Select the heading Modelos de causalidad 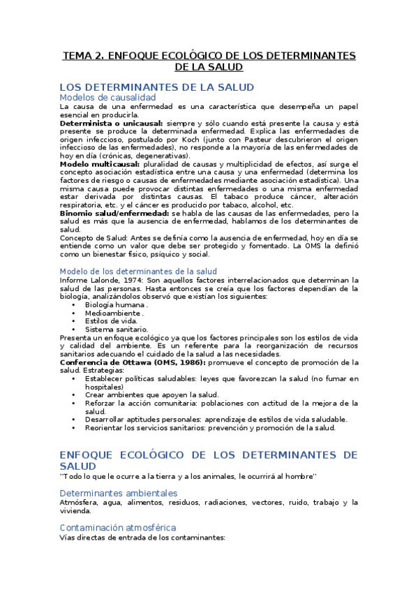[107, 98]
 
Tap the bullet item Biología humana [116, 304]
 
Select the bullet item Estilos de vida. [112, 320]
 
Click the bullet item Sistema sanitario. [117, 329]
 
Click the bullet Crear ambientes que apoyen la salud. [151, 394]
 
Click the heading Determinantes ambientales [118, 493]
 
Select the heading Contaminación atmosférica [117, 527]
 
